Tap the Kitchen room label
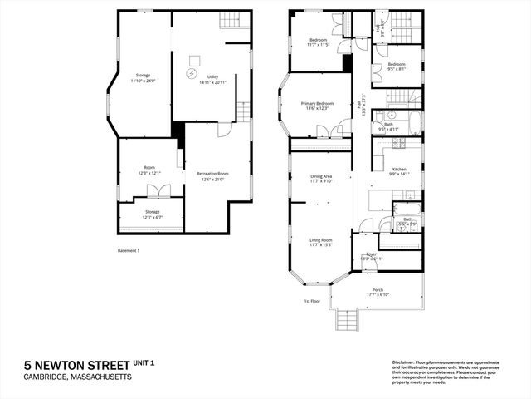point(399,171)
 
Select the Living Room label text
point(320,242)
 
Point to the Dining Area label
point(321,178)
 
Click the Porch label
point(378,292)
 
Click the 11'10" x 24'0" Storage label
point(144,78)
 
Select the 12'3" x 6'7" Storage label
point(152,214)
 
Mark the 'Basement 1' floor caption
point(128,250)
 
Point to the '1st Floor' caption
point(312,302)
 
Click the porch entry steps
point(347,321)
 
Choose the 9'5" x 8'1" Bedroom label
point(395,66)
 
